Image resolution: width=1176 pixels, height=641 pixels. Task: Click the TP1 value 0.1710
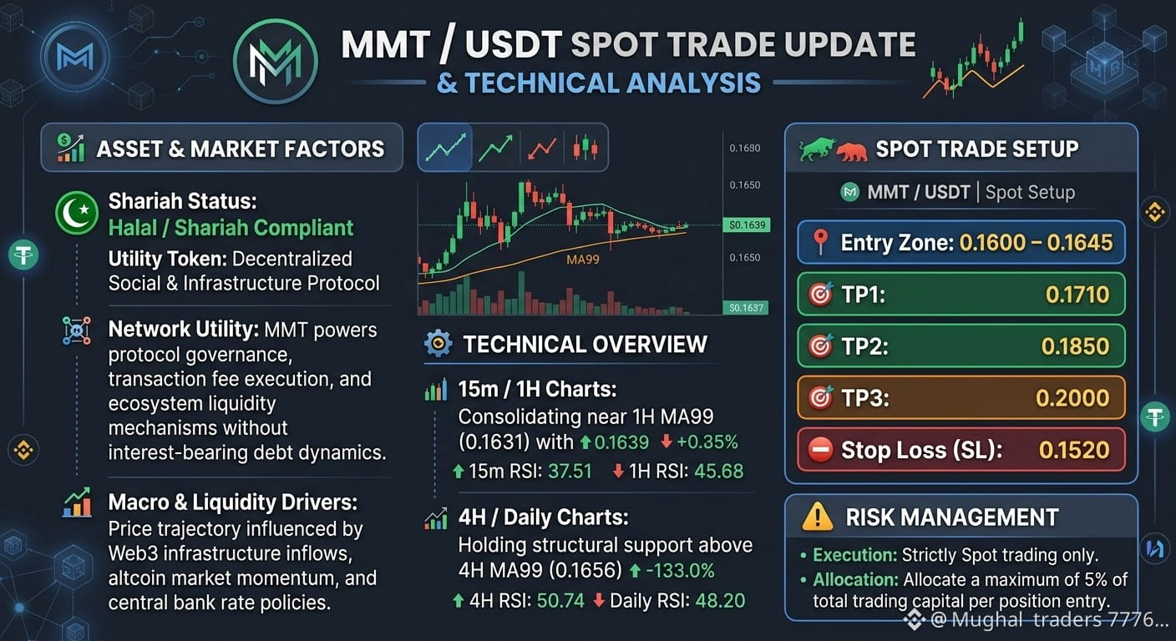[x=1077, y=295]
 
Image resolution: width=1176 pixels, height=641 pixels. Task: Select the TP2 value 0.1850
[x=1075, y=346]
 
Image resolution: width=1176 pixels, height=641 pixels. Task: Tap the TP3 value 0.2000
[x=1072, y=398]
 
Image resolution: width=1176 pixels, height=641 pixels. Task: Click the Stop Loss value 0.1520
[x=1074, y=450]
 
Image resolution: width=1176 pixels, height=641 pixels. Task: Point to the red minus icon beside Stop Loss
[x=820, y=450]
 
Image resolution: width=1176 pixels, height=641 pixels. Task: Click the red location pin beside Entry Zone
[x=820, y=242]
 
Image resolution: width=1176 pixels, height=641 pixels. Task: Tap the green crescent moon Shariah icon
[x=77, y=213]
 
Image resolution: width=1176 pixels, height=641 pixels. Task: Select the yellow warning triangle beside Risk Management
[x=818, y=517]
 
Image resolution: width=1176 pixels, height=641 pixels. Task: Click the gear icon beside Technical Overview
[x=438, y=344]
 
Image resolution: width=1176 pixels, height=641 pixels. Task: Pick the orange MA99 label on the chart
[x=583, y=259]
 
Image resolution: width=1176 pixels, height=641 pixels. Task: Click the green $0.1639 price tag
[x=747, y=225]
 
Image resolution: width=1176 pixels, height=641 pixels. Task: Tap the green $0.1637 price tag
[x=746, y=307]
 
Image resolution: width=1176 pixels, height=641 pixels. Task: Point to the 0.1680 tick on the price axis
[x=744, y=149]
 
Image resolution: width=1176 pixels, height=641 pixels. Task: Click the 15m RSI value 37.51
[x=570, y=471]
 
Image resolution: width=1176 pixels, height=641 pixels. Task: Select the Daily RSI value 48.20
[x=720, y=601]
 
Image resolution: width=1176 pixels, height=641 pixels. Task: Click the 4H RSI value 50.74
[x=560, y=601]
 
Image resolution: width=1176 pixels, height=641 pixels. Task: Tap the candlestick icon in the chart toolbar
[x=585, y=148]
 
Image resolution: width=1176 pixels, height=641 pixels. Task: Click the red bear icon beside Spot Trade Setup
[x=852, y=152]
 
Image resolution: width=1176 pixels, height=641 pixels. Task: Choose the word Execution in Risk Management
[x=854, y=554]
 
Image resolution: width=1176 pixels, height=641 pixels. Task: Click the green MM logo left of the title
[x=275, y=61]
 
